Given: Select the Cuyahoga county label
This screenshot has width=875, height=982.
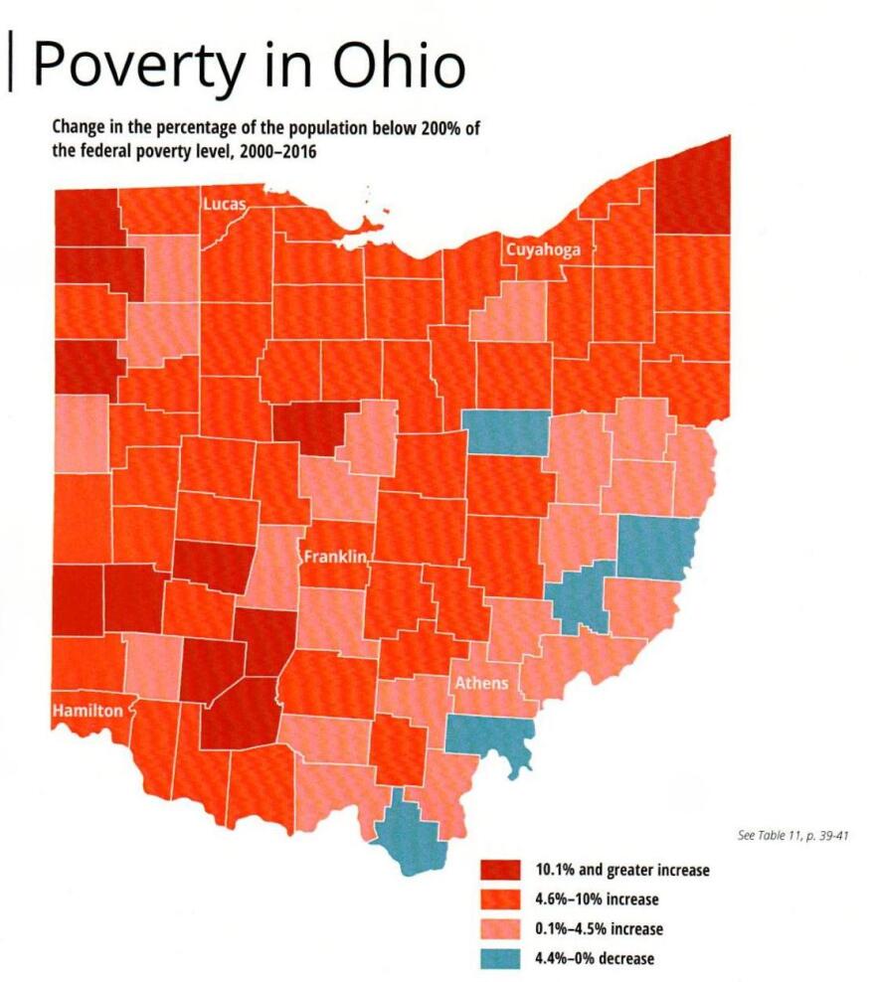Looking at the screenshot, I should pos(543,249).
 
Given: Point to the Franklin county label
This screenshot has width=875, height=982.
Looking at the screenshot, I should pos(336,557).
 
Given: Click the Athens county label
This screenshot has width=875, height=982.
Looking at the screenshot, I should pos(481,683).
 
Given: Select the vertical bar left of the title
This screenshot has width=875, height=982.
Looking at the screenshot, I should pos(12,62).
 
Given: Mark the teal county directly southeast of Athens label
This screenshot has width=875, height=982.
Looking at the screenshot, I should pos(489,736).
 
